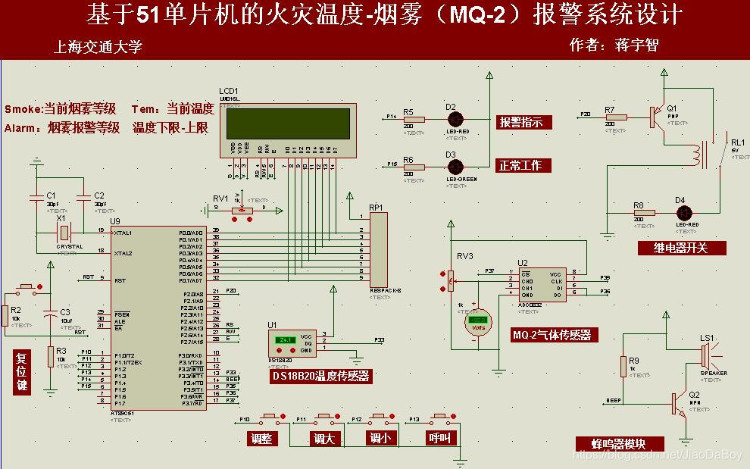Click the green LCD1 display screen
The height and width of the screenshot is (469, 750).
click(287, 122)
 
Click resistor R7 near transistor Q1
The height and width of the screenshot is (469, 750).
click(616, 117)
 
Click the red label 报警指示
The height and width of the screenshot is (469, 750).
click(524, 122)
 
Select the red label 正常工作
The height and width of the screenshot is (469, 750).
click(524, 165)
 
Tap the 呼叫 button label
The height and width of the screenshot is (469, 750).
click(440, 439)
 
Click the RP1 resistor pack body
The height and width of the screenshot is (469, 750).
click(378, 248)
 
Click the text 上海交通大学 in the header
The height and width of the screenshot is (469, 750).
click(98, 47)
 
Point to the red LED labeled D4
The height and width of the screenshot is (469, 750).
click(683, 212)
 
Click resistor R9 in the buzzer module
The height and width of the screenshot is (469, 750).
click(623, 367)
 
